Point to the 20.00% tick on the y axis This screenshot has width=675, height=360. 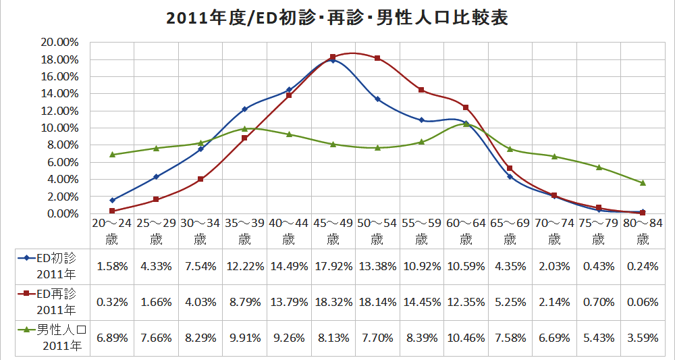(x=60, y=42)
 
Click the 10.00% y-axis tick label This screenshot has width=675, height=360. (x=60, y=128)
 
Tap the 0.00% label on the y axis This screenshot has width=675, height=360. (x=62, y=213)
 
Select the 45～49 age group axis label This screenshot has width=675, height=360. (x=333, y=230)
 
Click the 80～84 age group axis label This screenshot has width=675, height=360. (x=643, y=230)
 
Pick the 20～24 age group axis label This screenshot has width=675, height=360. (x=112, y=230)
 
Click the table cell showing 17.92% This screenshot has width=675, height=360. (x=333, y=265)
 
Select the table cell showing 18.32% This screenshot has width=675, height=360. (x=333, y=301)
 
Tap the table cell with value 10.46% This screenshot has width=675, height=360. (x=466, y=337)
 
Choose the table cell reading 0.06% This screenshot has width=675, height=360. (x=643, y=301)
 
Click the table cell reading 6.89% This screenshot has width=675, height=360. (x=112, y=337)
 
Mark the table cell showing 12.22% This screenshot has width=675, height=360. (x=244, y=265)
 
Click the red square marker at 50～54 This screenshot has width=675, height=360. (x=377, y=58)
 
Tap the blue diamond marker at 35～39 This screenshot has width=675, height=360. (x=244, y=109)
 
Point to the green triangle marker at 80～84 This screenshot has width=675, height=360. (x=643, y=182)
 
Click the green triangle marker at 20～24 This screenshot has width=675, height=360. (x=112, y=155)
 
